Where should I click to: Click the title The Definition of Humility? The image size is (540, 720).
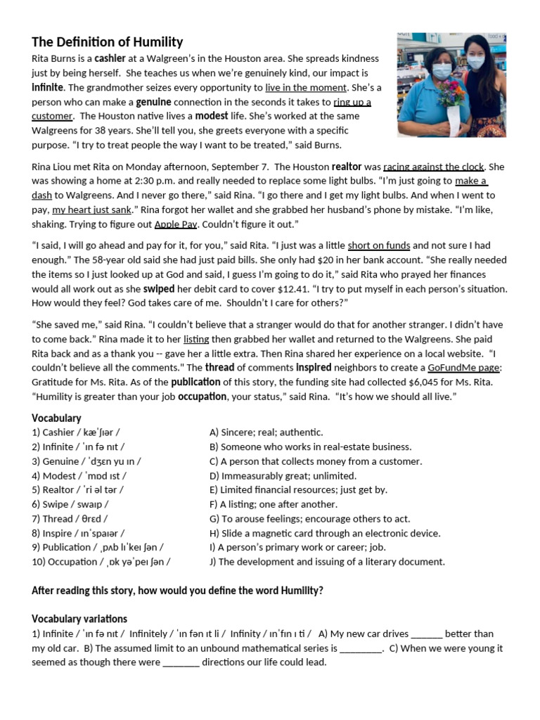click(x=107, y=42)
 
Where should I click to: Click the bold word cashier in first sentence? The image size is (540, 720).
click(x=110, y=59)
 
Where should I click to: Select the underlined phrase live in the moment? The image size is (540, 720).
click(x=306, y=88)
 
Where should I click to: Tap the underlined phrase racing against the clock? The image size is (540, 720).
click(x=434, y=167)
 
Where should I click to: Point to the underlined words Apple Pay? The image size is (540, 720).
click(x=176, y=224)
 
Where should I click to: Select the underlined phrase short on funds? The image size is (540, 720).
click(x=378, y=245)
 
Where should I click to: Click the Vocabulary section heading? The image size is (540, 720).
click(x=56, y=418)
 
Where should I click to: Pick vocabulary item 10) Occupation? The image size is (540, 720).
click(x=101, y=562)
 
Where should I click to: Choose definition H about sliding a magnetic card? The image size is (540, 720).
click(x=325, y=533)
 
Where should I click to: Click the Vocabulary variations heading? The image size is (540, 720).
click(x=79, y=619)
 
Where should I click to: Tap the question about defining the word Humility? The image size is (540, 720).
click(x=177, y=591)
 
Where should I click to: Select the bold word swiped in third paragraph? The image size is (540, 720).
click(x=158, y=288)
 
